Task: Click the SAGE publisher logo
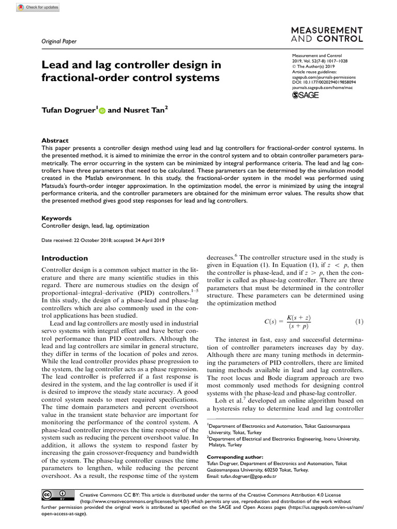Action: [306, 95]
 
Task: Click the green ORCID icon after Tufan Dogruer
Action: [101, 110]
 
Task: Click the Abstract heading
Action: [55, 141]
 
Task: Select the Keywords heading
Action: [56, 218]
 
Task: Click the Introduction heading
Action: [65, 258]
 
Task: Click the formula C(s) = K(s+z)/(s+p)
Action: [287, 322]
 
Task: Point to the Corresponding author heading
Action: [235, 457]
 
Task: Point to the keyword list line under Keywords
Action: [95, 226]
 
